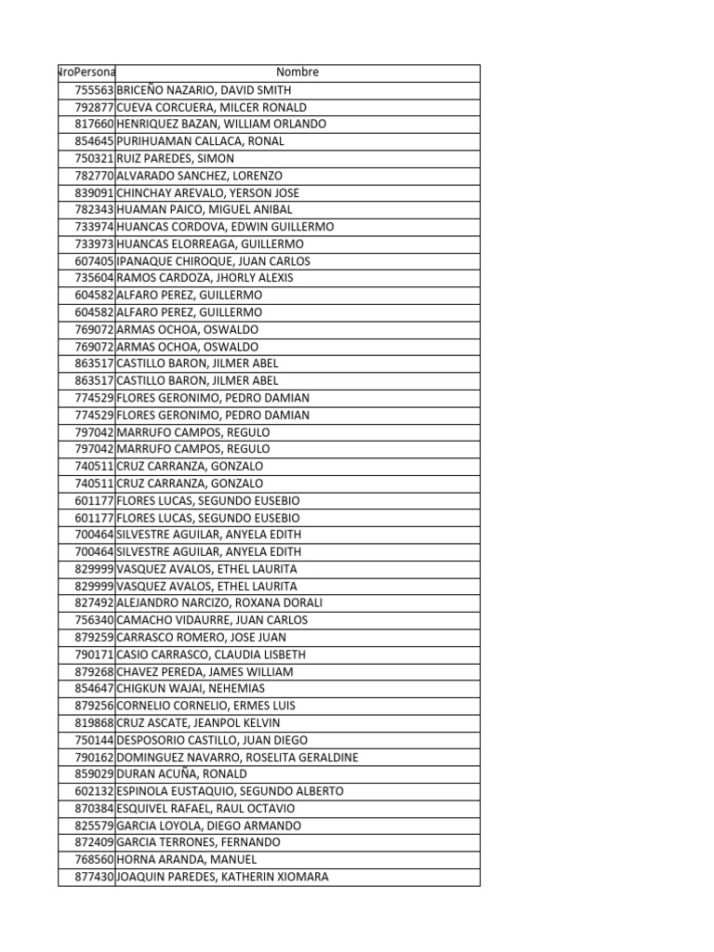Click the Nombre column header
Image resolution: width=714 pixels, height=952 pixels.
pos(297,73)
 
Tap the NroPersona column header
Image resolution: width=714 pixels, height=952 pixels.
pos(86,73)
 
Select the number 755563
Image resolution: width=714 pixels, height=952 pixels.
pos(94,90)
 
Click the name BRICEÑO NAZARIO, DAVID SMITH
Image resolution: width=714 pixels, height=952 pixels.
pos(204,90)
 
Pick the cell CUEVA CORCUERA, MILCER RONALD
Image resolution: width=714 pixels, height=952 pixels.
pos(211,107)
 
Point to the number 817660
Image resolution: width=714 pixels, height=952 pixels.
pos(94,125)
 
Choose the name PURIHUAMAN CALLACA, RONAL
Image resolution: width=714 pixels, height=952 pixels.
pos(200,141)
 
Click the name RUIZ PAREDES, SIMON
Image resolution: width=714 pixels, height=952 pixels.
pos(175,159)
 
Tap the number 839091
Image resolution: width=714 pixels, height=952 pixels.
pos(94,192)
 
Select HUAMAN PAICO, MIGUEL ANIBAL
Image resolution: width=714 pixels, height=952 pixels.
pos(204,210)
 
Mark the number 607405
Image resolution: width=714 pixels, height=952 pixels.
pos(94,261)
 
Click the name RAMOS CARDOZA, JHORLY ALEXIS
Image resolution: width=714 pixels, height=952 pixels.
pos(205,278)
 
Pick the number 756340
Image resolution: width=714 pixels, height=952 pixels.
pos(94,620)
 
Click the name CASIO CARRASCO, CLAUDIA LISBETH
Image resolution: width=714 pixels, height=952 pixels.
pos(211,654)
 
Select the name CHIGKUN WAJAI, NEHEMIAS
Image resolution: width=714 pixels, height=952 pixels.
pos(191,688)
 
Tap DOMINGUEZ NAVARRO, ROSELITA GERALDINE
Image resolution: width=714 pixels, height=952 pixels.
pos(237,757)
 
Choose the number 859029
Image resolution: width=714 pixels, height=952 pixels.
pos(94,773)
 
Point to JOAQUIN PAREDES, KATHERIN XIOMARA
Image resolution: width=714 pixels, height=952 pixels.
pos(222,877)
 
